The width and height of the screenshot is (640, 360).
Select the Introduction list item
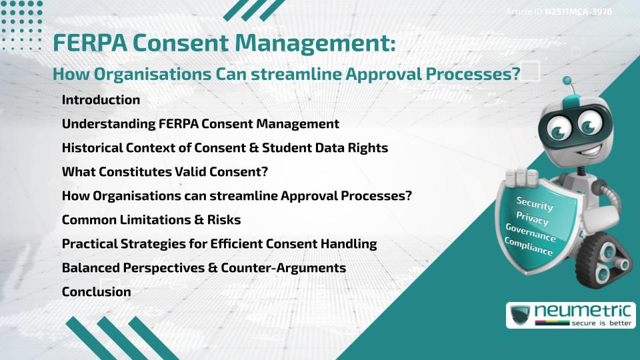pyautogui.click(x=101, y=100)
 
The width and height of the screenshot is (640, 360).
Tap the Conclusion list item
pyautogui.click(x=96, y=292)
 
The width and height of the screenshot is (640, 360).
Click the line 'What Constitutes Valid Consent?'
pyautogui.click(x=165, y=172)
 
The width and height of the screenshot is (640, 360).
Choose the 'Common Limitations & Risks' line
pyautogui.click(x=151, y=220)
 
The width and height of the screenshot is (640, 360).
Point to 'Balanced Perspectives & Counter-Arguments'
pyautogui.click(x=203, y=268)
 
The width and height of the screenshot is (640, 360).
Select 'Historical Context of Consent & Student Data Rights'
pyautogui.click(x=225, y=148)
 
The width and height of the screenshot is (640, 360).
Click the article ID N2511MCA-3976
pyautogui.click(x=578, y=12)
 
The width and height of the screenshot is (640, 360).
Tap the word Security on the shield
pyautogui.click(x=535, y=204)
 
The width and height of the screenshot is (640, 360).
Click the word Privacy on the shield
pyautogui.click(x=532, y=219)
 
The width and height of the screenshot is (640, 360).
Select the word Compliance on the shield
pyautogui.click(x=529, y=247)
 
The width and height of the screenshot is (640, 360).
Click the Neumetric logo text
pyautogui.click(x=580, y=311)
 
